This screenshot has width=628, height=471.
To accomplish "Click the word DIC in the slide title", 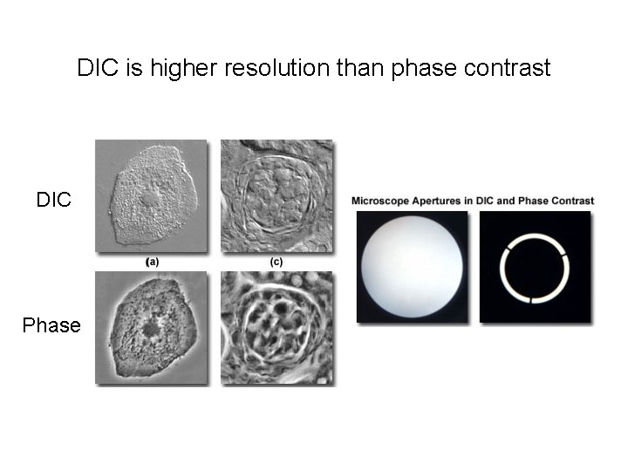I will coord(99,68).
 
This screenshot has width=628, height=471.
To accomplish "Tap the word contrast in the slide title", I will coord(508,68).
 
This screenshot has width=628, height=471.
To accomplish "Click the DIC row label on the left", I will coord(53,200).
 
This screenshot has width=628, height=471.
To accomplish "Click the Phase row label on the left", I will coord(51,325).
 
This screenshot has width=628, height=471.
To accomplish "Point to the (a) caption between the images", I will coord(152,261).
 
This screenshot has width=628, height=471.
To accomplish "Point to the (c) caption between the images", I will coord(276,261).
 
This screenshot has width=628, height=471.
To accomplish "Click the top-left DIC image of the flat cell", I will coord(151,196).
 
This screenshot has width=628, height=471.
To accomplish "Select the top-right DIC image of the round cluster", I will coord(276,196).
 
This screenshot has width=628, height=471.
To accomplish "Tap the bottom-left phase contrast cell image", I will coord(151,327).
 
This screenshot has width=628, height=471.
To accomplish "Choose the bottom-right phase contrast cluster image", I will coord(276,327).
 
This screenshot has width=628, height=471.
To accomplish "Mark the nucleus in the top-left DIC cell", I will coord(150,197).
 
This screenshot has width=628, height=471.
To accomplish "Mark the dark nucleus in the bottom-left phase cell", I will coord(151,328).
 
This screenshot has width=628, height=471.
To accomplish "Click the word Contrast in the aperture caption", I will coord(573,201).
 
